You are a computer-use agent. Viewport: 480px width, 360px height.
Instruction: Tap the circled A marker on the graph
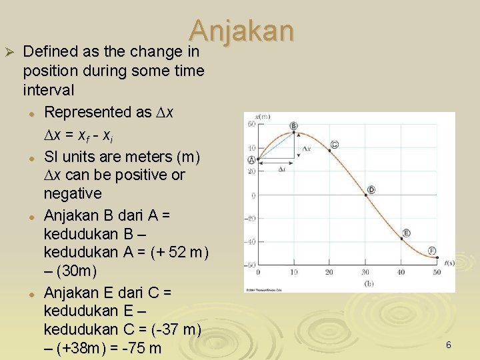pos(251,159)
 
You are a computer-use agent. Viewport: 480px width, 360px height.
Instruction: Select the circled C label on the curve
pos(334,144)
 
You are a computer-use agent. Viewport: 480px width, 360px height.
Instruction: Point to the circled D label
pos(371,190)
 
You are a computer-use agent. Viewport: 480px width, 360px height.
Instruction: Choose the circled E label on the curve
pos(407,233)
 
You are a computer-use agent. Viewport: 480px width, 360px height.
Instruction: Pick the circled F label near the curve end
pos(432,250)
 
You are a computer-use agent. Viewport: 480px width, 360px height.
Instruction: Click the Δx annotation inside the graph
pos(307,148)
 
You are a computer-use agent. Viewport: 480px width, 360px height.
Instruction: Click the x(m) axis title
pos(263,117)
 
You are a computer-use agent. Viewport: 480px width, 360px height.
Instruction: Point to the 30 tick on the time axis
pos(365,272)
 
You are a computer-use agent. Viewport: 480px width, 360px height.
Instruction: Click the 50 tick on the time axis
pos(437,272)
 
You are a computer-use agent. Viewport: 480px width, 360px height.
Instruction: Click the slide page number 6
pos(449,345)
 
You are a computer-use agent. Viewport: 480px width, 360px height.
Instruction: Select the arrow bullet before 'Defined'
pos(10,51)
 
